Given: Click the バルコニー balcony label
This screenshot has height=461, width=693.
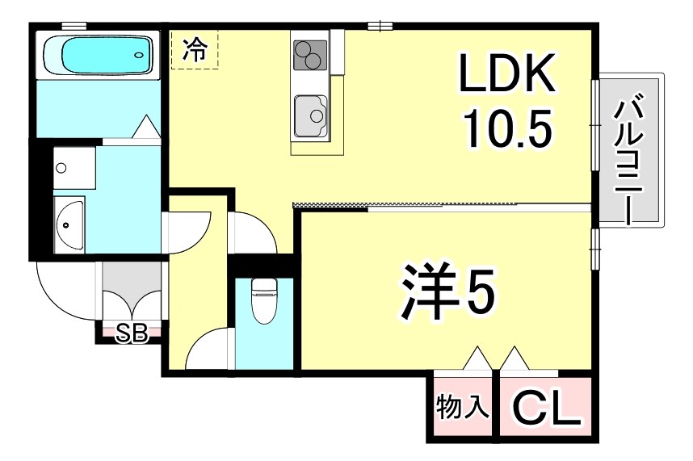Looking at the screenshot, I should pyautogui.click(x=631, y=159).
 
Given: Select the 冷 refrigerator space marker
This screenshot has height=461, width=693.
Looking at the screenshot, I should pyautogui.click(x=194, y=50).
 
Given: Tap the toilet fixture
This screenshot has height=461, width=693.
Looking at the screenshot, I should pyautogui.click(x=264, y=300).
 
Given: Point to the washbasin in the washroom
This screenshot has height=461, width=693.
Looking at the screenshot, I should pyautogui.click(x=69, y=223).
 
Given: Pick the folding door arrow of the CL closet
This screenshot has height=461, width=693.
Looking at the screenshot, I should pyautogui.click(x=513, y=358).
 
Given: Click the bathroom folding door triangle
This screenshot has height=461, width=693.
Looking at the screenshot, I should pyautogui.click(x=145, y=127).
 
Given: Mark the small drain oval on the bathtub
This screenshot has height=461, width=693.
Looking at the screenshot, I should pyautogui.click(x=139, y=56).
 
